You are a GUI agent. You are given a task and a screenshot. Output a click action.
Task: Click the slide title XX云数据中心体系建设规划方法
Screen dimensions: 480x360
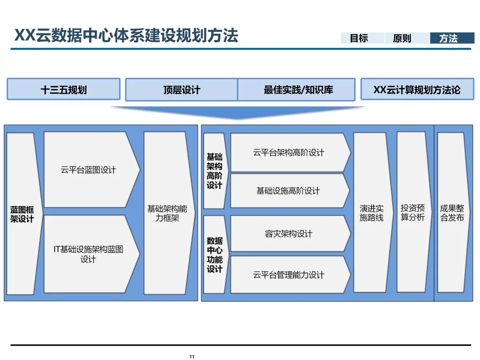[x=126, y=36]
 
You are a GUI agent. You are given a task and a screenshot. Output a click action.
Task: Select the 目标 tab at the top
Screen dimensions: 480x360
[x=359, y=38]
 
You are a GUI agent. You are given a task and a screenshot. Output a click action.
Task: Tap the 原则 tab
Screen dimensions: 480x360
[x=402, y=38]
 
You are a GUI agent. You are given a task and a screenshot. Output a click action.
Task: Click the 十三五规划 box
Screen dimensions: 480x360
[x=64, y=90]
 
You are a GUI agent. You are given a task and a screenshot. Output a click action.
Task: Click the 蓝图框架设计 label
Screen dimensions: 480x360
[x=22, y=214]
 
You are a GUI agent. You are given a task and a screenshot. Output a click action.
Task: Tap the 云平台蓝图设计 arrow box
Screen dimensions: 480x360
[x=88, y=170]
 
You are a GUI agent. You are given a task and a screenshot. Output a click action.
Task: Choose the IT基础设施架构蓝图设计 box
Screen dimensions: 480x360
[x=88, y=254]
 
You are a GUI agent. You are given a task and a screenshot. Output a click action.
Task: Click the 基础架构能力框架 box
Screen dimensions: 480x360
[x=167, y=213]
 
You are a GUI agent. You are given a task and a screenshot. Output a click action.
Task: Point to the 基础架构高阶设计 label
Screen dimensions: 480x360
[x=214, y=171]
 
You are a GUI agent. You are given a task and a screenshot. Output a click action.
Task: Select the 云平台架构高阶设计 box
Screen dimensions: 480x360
[x=289, y=152]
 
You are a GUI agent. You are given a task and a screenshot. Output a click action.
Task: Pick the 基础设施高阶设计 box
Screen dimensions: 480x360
[x=288, y=191]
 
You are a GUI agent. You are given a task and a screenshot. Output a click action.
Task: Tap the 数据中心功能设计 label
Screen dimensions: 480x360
[x=214, y=255]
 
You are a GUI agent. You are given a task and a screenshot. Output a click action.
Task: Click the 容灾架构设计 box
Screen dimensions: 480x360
[x=289, y=233]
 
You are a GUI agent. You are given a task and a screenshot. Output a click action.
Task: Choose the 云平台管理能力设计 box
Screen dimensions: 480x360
[x=289, y=275]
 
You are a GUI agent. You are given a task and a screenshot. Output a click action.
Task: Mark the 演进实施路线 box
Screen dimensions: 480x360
[x=372, y=213]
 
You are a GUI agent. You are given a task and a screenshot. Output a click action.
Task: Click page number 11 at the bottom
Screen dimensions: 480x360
[x=192, y=356]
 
